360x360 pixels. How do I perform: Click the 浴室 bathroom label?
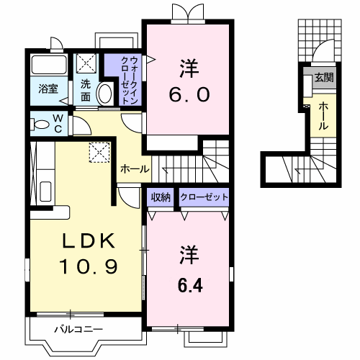pos(48,89)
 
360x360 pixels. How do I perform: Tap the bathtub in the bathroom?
pos(49,65)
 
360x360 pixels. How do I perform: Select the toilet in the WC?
pos(40,125)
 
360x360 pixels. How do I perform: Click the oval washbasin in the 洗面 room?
pos(105,94)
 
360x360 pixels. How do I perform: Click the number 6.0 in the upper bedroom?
pos(189,94)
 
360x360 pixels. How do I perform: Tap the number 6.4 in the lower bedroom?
pos(190,285)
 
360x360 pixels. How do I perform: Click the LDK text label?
pos(89,240)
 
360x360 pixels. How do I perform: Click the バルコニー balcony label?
pos(78,329)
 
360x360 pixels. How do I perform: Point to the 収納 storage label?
pos(161,197)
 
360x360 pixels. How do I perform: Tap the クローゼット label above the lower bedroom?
pos(204,197)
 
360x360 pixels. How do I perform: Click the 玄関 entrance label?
pos(324,77)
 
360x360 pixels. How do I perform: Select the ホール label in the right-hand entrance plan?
pos(323,116)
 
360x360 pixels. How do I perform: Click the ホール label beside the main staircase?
pos(135,169)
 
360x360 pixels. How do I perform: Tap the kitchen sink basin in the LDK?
pos(45,192)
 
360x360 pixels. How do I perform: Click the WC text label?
pos(58,123)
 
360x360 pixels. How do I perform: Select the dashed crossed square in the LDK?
pos(99,153)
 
